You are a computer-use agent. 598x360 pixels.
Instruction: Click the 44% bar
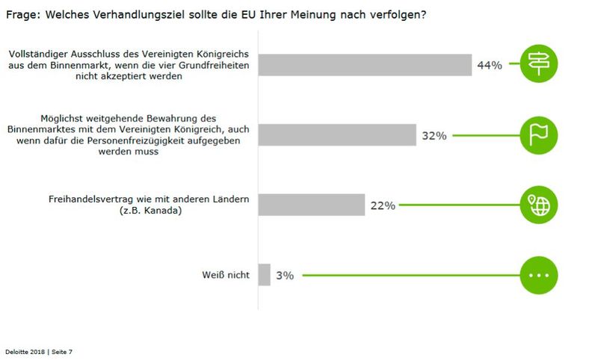point(365,65)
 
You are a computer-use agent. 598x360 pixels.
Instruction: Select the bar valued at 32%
point(337,135)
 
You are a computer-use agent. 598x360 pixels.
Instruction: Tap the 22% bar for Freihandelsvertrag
point(312,205)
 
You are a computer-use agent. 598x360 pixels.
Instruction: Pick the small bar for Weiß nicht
point(264,275)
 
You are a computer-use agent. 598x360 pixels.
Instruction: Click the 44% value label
point(489,66)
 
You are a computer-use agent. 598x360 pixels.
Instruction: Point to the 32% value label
point(434,136)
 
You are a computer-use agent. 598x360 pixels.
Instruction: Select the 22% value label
point(382,205)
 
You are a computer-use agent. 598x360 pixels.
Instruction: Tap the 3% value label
point(285,276)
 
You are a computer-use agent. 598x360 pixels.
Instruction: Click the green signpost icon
point(539,64)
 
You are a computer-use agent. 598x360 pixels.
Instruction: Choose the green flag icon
point(539,135)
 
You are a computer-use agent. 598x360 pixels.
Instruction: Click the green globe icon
point(539,205)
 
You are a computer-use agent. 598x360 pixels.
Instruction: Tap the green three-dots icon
point(539,275)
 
